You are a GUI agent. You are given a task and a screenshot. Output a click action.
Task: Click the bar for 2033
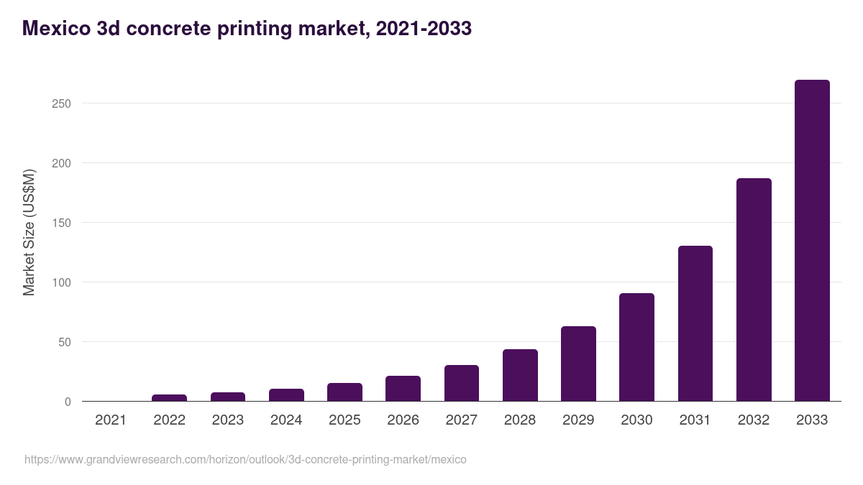pyautogui.click(x=812, y=241)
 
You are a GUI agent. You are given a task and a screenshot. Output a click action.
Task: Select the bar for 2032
pyautogui.click(x=754, y=290)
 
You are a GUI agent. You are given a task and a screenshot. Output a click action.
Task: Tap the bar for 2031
pyautogui.click(x=695, y=323)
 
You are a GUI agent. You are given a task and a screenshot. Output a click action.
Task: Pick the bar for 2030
pyautogui.click(x=636, y=347)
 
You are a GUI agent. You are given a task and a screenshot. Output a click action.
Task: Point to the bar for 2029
pyautogui.click(x=578, y=364)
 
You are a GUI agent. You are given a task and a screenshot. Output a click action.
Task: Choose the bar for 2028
pyautogui.click(x=520, y=375)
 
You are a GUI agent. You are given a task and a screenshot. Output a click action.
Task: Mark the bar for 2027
pyautogui.click(x=461, y=383)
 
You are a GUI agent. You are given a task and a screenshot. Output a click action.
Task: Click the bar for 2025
pyautogui.click(x=344, y=392)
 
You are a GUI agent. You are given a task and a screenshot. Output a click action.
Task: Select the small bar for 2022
pyautogui.click(x=169, y=398)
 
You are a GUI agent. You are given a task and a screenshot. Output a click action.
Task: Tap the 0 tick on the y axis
pyautogui.click(x=68, y=402)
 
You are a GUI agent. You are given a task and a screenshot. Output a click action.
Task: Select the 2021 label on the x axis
pyautogui.click(x=111, y=420)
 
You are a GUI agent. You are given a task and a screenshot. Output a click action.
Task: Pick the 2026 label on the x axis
pyautogui.click(x=403, y=420)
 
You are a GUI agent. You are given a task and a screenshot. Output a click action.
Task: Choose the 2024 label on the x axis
pyautogui.click(x=286, y=420)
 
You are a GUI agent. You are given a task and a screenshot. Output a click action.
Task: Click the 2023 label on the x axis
pyautogui.click(x=227, y=420)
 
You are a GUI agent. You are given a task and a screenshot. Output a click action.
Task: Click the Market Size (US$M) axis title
pyautogui.click(x=29, y=232)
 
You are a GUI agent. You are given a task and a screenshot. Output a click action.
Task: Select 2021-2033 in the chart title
pyautogui.click(x=424, y=28)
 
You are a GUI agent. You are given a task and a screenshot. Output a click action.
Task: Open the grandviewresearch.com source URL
pyautogui.click(x=245, y=459)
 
